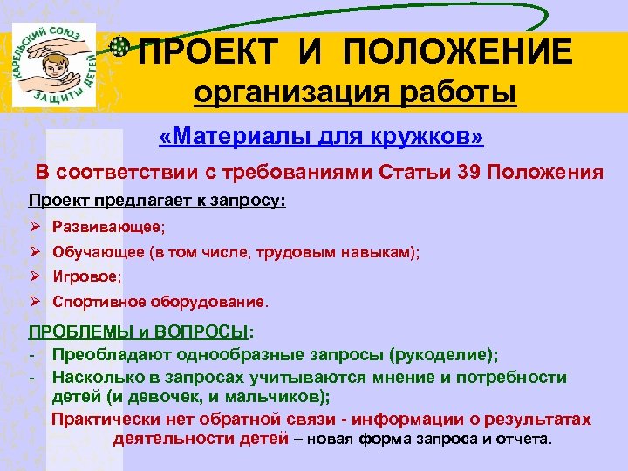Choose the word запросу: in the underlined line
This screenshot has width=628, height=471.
(x=249, y=201)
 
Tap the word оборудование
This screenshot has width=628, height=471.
(x=210, y=303)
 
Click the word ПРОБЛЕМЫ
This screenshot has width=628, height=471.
(x=78, y=332)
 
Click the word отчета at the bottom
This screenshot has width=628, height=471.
(x=521, y=438)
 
